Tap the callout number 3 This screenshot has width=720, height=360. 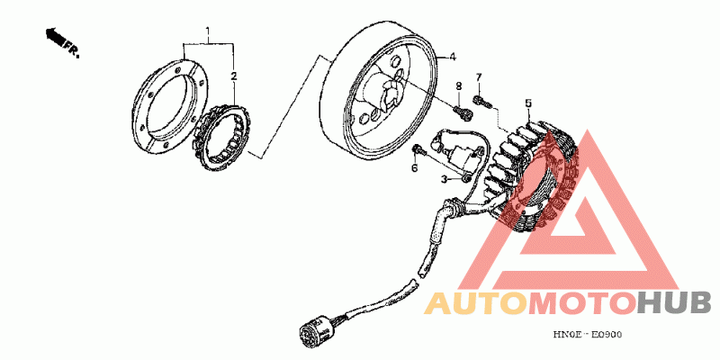pyautogui.click(x=445, y=179)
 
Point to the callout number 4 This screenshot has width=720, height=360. pyautogui.click(x=453, y=55)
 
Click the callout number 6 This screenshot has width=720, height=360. pyautogui.click(x=416, y=168)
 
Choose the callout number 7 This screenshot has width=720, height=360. pyautogui.click(x=479, y=76)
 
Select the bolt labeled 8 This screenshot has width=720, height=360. pyautogui.click(x=463, y=112)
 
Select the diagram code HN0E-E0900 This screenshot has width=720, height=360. pyautogui.click(x=588, y=335)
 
